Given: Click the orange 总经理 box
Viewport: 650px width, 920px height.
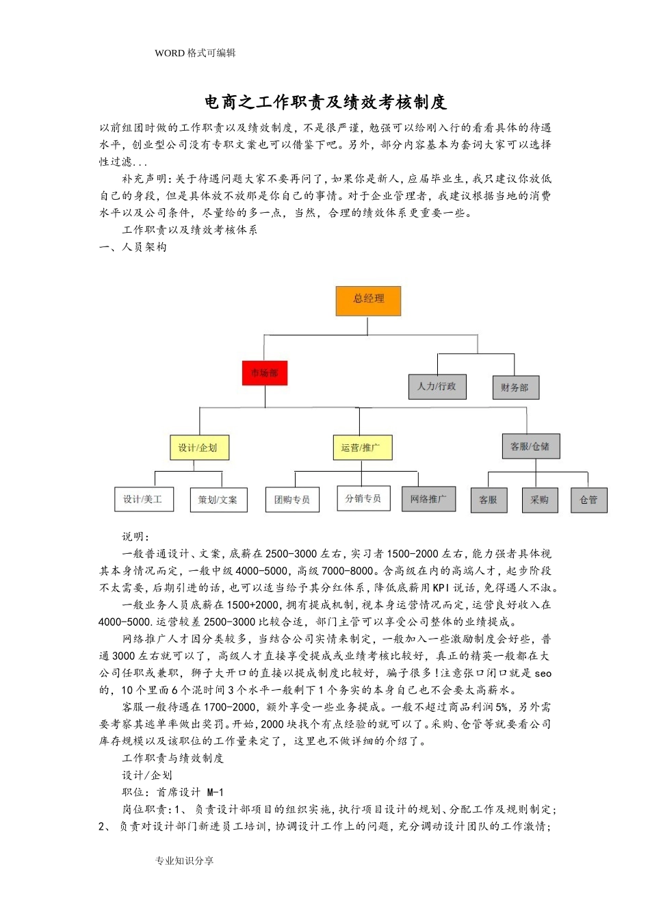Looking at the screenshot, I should point(368,301).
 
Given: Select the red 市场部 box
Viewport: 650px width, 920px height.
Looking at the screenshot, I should point(265,373).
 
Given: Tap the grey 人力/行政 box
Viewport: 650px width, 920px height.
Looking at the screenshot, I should point(437,387).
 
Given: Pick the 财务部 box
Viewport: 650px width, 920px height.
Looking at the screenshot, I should point(515,387).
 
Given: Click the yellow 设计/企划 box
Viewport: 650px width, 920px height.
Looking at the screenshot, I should point(198,448).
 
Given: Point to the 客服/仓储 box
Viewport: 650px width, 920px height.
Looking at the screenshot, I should point(530,446).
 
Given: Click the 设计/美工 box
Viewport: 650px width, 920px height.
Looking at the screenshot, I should point(144,500).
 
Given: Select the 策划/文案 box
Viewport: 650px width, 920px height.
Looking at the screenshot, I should point(218,500).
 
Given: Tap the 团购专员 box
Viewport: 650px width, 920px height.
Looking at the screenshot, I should point(292,500).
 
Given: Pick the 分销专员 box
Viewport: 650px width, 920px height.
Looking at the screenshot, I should point(363,498).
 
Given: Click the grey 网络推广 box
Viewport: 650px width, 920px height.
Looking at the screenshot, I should point(428,499).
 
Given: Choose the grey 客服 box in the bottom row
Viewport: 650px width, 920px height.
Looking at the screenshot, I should point(489,500).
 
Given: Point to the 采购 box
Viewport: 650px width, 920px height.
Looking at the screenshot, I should point(540,500).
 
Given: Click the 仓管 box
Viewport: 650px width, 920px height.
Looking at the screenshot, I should point(589,500).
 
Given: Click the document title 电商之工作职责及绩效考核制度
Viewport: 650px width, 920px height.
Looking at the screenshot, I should point(326,103).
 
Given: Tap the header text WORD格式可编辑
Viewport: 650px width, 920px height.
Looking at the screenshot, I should point(195,53).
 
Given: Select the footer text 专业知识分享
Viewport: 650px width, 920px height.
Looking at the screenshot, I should point(184,860).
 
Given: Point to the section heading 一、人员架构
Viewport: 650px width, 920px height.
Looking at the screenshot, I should point(133,247).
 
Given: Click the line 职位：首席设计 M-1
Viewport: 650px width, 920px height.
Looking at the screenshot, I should point(173,792).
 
